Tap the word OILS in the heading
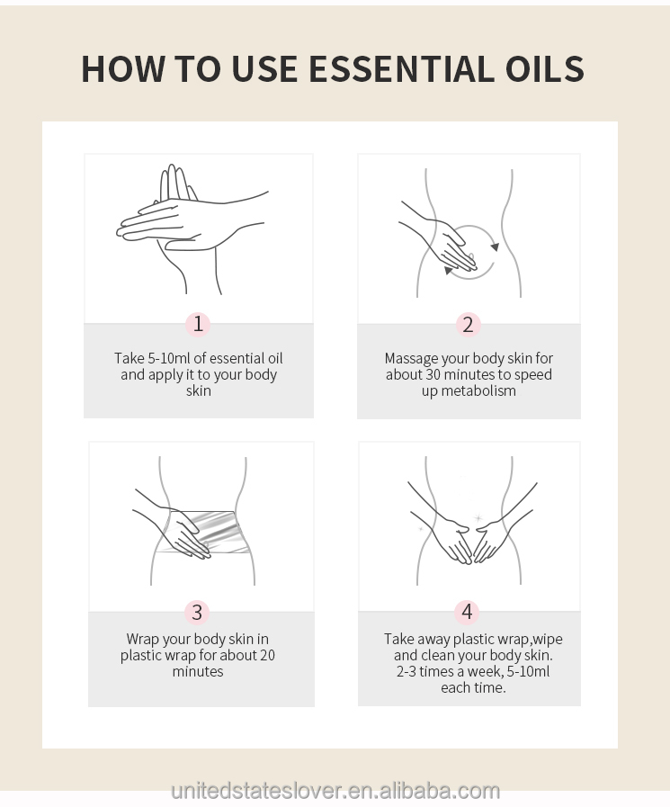[545, 68]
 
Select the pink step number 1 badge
[198, 324]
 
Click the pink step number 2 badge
[468, 325]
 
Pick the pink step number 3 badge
[197, 613]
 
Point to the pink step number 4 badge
[467, 612]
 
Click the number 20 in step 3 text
[267, 655]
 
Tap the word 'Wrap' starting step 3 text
[142, 640]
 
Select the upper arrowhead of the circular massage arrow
[495, 247]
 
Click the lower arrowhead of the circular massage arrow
[449, 270]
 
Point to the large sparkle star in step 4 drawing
[478, 517]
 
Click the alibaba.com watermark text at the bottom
[335, 791]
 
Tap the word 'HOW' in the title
[123, 68]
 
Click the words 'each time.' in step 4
[473, 688]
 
